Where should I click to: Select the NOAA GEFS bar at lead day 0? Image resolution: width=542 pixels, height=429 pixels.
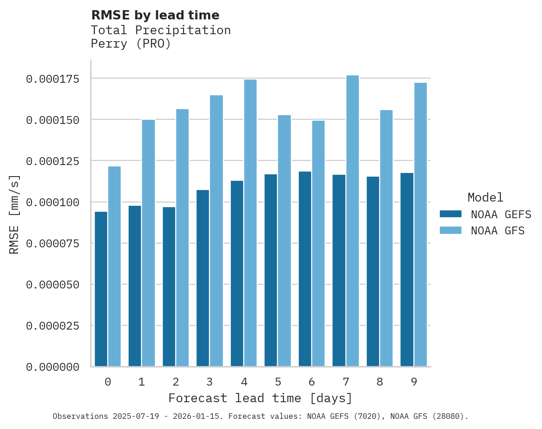tap(101, 289)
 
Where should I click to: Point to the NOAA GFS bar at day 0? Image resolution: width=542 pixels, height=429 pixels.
tap(115, 266)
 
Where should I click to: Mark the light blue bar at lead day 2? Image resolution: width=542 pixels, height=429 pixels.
tap(183, 238)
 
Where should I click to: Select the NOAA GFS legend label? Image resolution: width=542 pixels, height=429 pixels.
tap(498, 231)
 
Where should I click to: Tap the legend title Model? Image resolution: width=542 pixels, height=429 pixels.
tap(485, 197)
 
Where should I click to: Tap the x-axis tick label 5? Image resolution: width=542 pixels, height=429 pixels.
tap(278, 382)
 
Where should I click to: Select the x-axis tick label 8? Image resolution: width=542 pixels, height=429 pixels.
tap(380, 382)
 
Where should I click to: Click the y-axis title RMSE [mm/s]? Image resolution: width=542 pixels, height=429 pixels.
tap(15, 214)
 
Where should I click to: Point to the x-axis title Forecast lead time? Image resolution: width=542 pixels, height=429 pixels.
tap(260, 398)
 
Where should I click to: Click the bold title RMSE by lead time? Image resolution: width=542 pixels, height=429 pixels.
tap(155, 15)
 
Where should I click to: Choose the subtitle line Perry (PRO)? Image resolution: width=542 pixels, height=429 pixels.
tap(131, 44)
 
